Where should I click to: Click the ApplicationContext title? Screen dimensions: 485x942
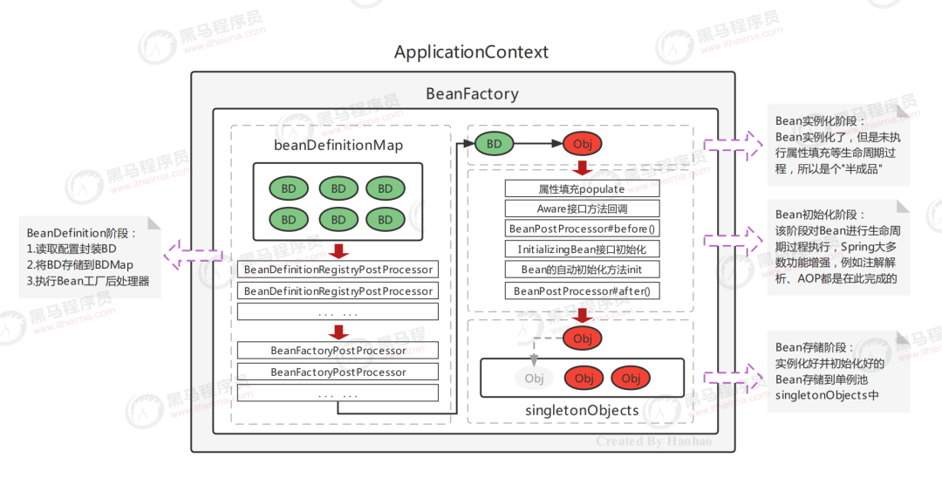pyautogui.click(x=471, y=51)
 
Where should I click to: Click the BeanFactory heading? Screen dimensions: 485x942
pyautogui.click(x=472, y=93)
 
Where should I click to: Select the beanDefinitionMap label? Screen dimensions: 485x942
pyautogui.click(x=338, y=145)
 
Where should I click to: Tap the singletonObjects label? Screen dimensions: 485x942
pyautogui.click(x=582, y=409)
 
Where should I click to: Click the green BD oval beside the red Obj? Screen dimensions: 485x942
pyautogui.click(x=494, y=143)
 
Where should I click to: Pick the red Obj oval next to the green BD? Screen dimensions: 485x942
pyautogui.click(x=583, y=143)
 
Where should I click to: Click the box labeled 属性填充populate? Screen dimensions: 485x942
pyautogui.click(x=582, y=188)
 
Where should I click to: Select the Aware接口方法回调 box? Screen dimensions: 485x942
pyautogui.click(x=582, y=208)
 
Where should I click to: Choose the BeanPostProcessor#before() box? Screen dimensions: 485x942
pyautogui.click(x=582, y=229)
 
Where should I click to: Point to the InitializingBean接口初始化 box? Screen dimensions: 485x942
pyautogui.click(x=582, y=249)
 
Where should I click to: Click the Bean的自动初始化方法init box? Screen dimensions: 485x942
pyautogui.click(x=582, y=270)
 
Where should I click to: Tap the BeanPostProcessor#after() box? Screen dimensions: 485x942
pyautogui.click(x=582, y=290)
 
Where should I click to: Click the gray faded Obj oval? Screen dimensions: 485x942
pyautogui.click(x=534, y=378)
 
